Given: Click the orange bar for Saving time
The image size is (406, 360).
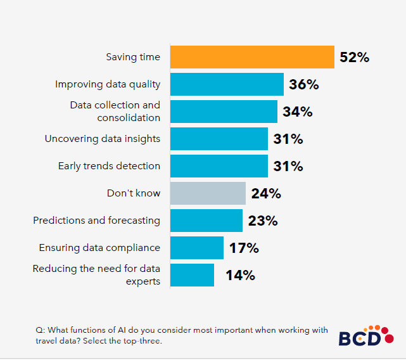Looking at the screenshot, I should [x=252, y=57].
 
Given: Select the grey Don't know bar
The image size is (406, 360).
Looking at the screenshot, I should [x=208, y=193].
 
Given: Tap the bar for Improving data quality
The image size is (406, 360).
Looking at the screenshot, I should [x=227, y=84].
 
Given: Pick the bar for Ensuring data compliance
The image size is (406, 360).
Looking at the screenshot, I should [x=197, y=248].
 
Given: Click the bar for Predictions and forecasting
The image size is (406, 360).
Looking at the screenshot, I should [x=206, y=221].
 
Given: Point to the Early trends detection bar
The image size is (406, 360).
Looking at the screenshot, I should [x=219, y=166].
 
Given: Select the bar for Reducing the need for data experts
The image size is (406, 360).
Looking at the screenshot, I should [x=193, y=275].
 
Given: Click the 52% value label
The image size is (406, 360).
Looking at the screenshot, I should [x=354, y=57].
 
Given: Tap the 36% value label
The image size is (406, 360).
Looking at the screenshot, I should [x=303, y=84].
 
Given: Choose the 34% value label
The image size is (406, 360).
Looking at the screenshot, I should [x=298, y=112].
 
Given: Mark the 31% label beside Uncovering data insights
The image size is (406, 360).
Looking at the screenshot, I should [x=288, y=139].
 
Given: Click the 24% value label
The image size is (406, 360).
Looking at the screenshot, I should [x=266, y=193].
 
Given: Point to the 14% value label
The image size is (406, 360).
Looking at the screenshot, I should [x=240, y=275].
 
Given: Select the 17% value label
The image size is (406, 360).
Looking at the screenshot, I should [x=244, y=248].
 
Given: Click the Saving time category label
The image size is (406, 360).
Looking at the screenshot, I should [x=133, y=57].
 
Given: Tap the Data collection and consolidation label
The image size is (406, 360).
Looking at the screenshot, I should [x=115, y=112].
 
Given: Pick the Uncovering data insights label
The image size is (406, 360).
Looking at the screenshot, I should [x=103, y=139].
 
